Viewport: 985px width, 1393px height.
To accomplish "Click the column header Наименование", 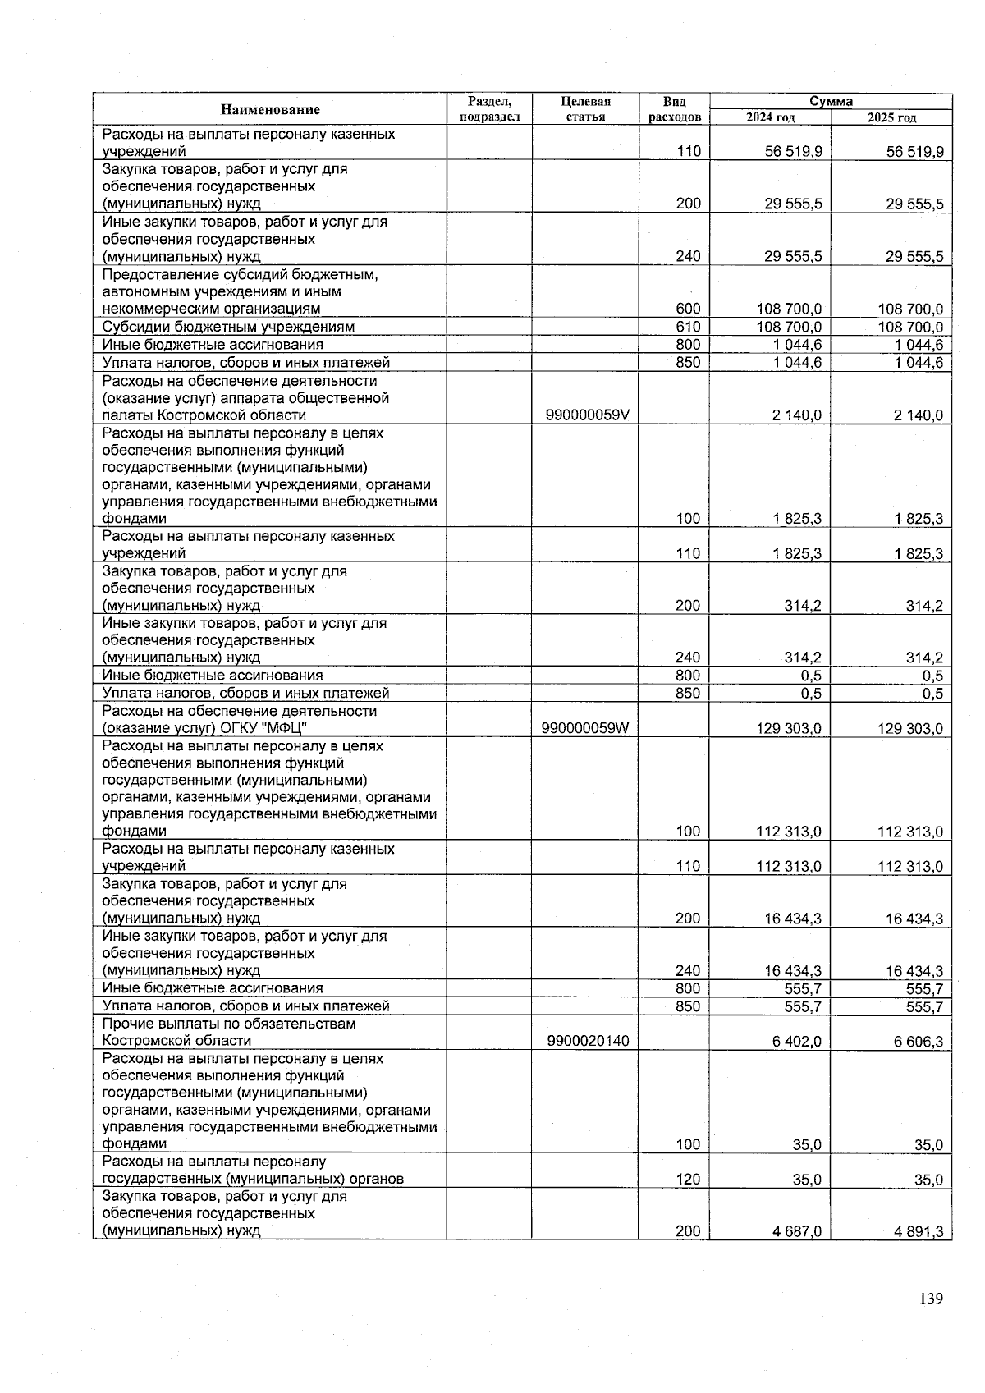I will coord(269,109).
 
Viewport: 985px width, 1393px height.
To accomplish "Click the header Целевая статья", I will coord(585,109).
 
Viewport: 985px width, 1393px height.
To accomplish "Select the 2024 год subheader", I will coord(770,118).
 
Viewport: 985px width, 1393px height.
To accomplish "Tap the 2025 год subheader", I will coord(891,118).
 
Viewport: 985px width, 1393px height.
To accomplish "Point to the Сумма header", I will coord(831,101).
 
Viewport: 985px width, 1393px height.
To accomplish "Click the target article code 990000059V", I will coord(587,415).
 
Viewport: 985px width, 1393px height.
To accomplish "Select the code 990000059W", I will coord(587,728).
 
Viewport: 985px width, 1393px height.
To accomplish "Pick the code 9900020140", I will coord(587,1041).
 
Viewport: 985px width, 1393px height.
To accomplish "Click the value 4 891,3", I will coord(914,1230).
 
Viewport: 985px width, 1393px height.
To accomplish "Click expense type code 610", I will coord(688,327).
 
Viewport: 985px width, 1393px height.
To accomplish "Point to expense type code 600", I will coord(688,309).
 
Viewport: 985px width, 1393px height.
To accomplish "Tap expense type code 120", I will coord(688,1180).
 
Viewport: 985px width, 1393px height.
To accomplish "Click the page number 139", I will coord(931,1299).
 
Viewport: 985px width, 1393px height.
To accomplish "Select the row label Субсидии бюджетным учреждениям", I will coord(228,327).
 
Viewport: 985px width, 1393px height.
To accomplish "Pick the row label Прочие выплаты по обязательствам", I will coord(229,1024).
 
